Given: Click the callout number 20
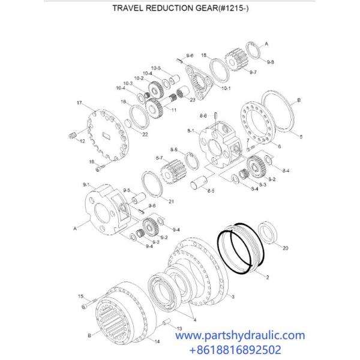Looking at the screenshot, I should pos(284,248).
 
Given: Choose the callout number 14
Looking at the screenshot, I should pos(157,341).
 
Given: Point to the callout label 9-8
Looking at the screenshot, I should pos(270,62).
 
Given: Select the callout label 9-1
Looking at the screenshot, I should pos(86,185).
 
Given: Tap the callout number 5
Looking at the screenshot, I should pos(301,137).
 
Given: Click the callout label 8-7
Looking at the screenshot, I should pos(159,157).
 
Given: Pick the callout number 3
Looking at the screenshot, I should pos(233,296).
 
